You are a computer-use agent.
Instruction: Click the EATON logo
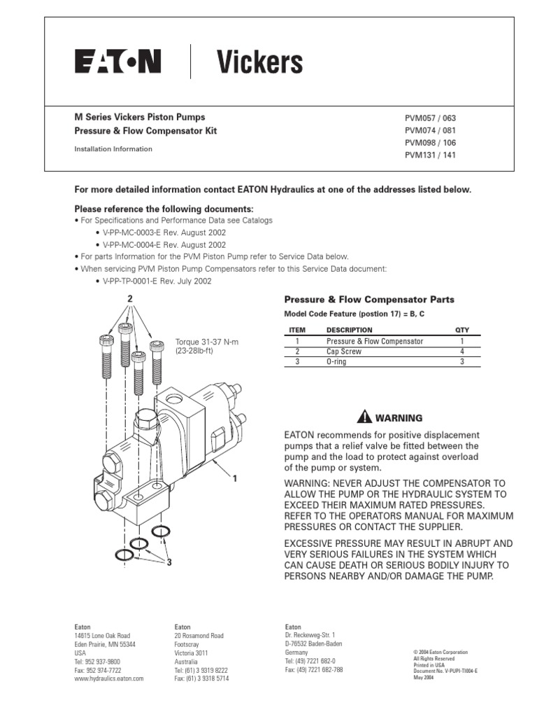pyautogui.click(x=118, y=62)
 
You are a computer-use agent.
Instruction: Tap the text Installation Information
pyautogui.click(x=113, y=149)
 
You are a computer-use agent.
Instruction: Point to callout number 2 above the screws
pyautogui.click(x=129, y=299)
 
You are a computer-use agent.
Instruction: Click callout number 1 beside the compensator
pyautogui.click(x=236, y=479)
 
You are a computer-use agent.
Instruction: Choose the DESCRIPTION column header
pyautogui.click(x=349, y=330)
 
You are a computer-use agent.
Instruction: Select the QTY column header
pyautogui.click(x=462, y=330)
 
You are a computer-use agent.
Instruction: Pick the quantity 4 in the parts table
pyautogui.click(x=462, y=351)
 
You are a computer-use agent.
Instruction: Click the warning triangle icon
pyautogui.click(x=364, y=418)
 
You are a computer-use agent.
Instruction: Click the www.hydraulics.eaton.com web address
pyautogui.click(x=109, y=678)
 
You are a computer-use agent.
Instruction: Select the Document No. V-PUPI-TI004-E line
pyautogui.click(x=445, y=671)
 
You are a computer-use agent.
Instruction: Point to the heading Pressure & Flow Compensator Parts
pyautogui.click(x=368, y=299)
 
